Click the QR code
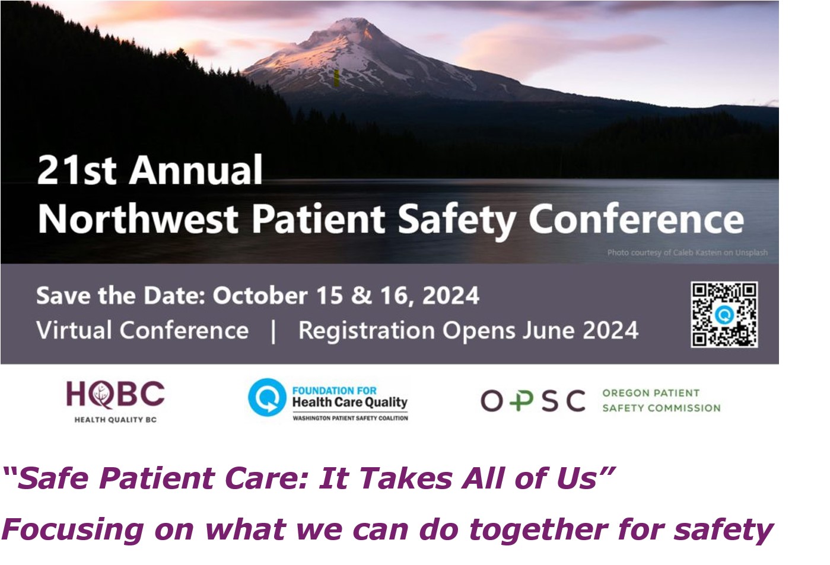[x=724, y=315]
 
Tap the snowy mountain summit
[x=356, y=22]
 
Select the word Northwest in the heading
[x=138, y=219]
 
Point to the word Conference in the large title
[x=636, y=219]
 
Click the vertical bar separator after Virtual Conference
[x=274, y=331]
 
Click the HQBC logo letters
[x=115, y=395]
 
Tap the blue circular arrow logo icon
[x=267, y=397]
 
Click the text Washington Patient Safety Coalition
[x=350, y=419]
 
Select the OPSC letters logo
[x=533, y=401]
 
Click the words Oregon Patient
[x=651, y=393]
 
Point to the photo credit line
[x=688, y=253]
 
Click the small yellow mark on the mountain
[x=336, y=78]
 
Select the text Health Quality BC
[x=116, y=420]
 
